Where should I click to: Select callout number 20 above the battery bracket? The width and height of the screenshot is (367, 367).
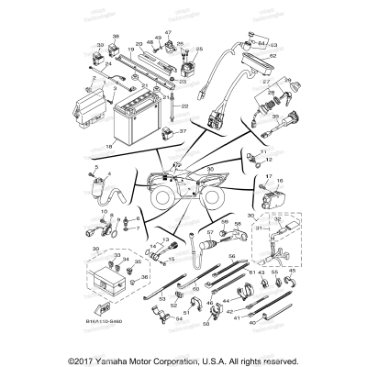point(139,43)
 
